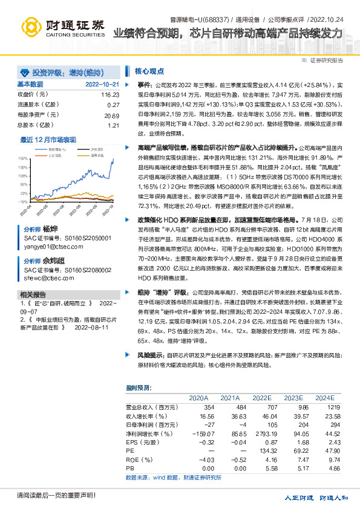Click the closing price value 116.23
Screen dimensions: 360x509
point(110,95)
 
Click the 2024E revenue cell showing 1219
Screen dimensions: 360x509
point(324,407)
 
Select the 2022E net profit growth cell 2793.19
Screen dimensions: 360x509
point(262,433)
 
